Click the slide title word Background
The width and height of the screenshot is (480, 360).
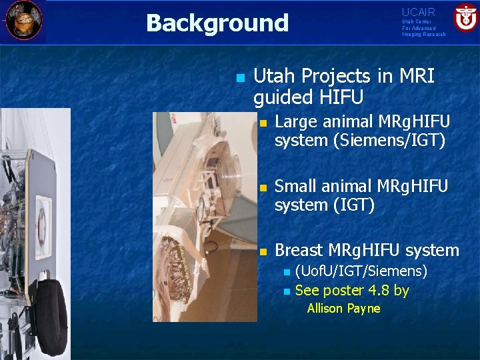click(217, 23)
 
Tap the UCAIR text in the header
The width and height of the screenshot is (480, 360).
click(418, 13)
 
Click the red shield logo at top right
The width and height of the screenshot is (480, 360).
click(465, 17)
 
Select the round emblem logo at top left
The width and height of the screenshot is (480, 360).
click(23, 20)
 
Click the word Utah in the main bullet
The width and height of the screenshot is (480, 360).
click(275, 77)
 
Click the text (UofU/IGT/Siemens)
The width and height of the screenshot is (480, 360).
click(361, 271)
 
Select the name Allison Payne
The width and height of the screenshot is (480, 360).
click(343, 309)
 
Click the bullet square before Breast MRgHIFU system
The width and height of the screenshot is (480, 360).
click(263, 251)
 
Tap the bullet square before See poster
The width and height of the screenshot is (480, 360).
click(287, 291)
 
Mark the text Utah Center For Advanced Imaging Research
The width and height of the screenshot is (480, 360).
click(423, 28)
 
